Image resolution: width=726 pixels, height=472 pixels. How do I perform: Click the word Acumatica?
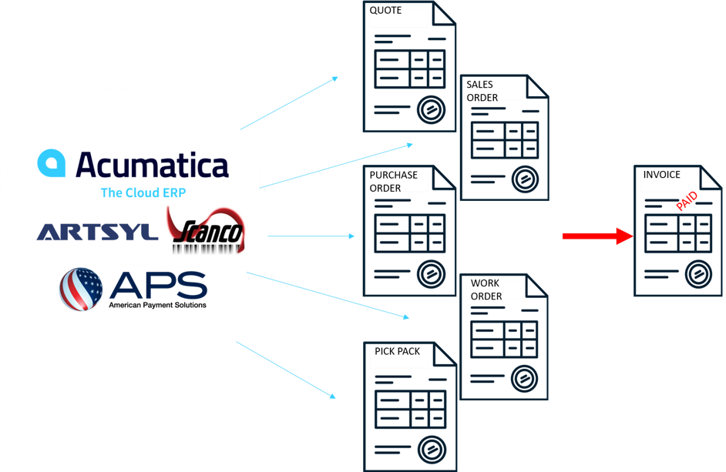pos(152,165)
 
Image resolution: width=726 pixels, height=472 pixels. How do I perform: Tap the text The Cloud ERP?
pos(143,192)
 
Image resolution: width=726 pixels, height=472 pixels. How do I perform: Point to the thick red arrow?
pos(597,236)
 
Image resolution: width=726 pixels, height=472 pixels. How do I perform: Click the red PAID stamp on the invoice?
pos(687,203)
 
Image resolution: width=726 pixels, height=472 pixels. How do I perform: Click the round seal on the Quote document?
pos(430,109)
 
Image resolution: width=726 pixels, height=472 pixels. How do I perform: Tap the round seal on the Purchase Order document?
pos(430,274)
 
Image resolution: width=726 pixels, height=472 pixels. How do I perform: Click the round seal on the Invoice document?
pos(697,273)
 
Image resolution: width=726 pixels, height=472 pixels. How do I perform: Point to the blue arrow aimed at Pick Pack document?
pos(287,370)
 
